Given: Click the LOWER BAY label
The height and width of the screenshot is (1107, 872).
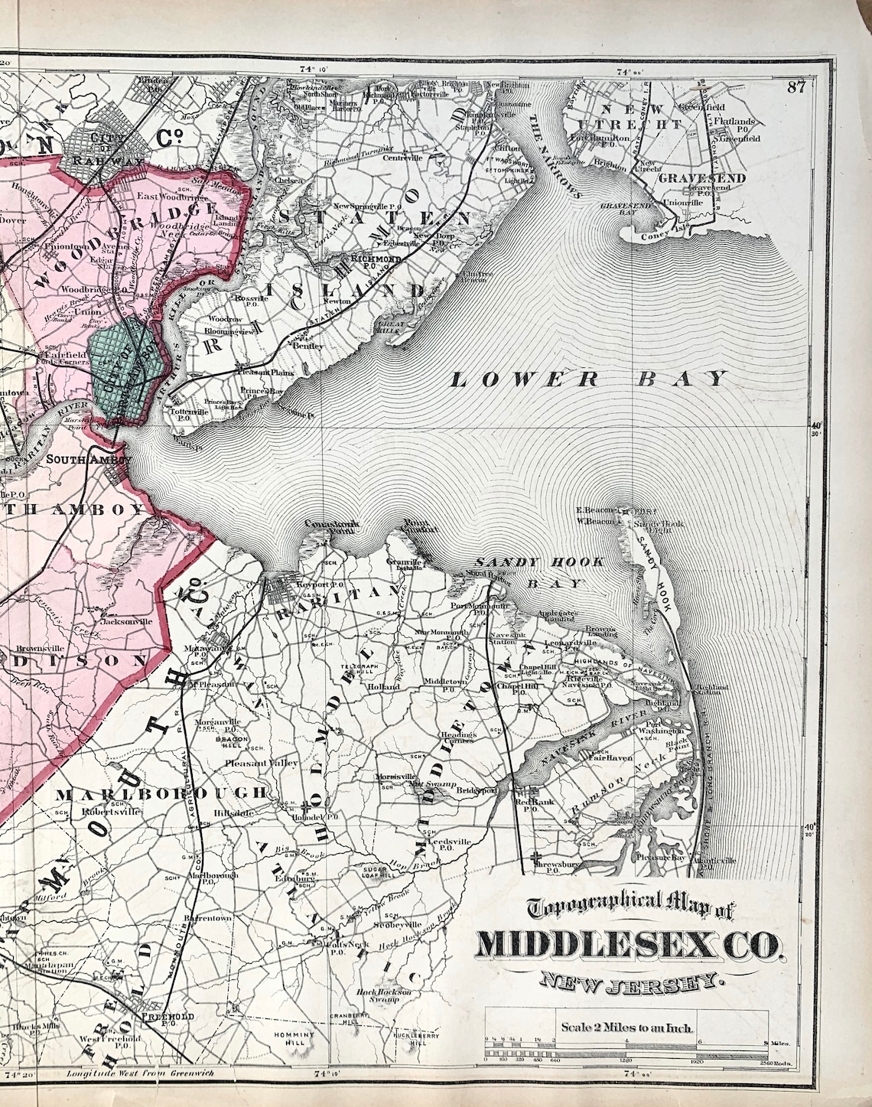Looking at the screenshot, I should coord(587,378).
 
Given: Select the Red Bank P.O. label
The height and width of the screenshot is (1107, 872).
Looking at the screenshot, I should coord(528,805).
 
